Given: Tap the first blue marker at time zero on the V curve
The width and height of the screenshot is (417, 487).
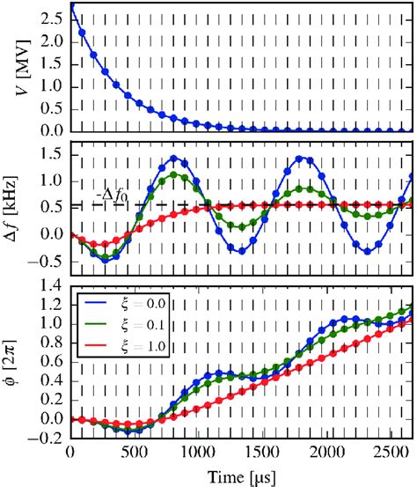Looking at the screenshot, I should pos(70,7).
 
